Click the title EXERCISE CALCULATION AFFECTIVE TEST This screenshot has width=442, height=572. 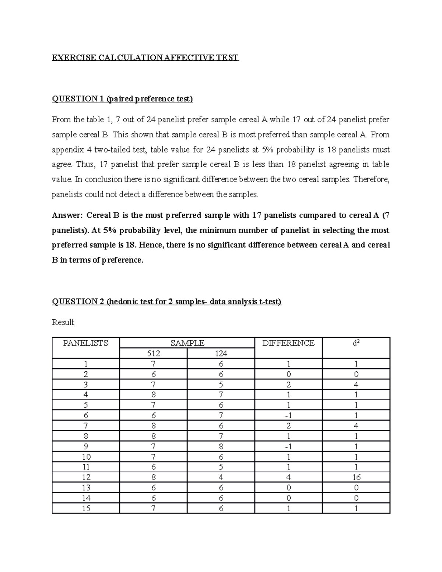coord(145,58)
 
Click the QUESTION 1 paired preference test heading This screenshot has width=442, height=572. coord(122,99)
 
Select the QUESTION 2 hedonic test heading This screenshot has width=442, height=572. coord(166,302)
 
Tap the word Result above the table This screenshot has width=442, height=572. coord(63,322)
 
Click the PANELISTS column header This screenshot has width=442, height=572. coord(85,343)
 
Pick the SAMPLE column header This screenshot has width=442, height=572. coord(187,343)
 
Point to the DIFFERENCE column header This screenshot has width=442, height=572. coord(288,343)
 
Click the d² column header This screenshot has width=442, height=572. coord(356,343)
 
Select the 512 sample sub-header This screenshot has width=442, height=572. coord(153,354)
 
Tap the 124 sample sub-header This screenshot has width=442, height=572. coord(221,354)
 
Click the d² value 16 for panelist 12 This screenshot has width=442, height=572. coord(356,477)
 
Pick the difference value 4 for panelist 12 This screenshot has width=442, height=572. coord(288,477)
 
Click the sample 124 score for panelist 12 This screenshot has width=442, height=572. coord(221,477)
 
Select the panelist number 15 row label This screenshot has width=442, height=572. coord(86,508)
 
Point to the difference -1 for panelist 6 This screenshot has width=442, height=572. coord(288,415)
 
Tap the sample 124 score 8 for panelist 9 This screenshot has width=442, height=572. coord(221,446)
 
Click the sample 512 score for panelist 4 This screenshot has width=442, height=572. coord(153,395)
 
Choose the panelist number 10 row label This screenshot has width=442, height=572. coord(86,457)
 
